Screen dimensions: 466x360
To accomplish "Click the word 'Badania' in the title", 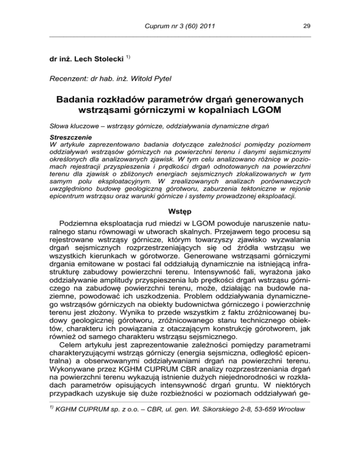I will click(x=79, y=101).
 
